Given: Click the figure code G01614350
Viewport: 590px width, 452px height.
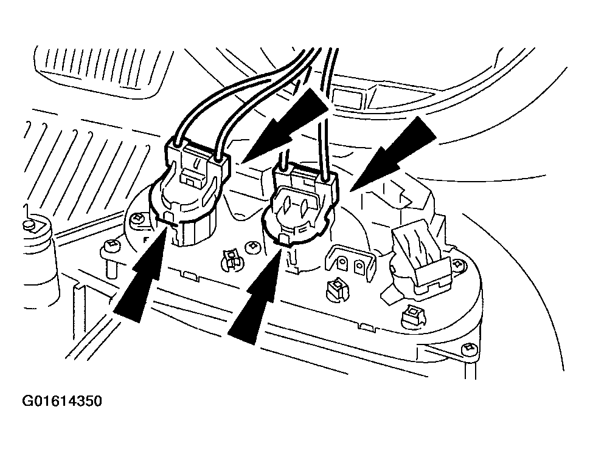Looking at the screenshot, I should pos(63,402).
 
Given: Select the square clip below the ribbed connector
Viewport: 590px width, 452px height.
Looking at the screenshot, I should pos(412,315).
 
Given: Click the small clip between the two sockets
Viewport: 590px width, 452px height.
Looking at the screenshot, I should pos(229,258).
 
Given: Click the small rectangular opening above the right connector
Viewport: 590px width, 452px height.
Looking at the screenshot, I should pos(344,97).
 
